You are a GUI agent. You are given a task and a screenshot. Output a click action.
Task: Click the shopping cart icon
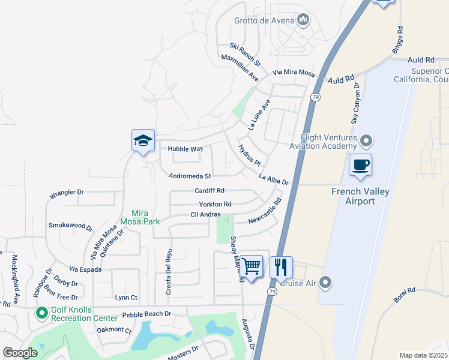point(252,266)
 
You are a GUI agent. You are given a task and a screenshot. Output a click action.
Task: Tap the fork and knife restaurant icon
point(281,266)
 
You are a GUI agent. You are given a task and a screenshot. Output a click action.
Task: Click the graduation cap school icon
point(143,141)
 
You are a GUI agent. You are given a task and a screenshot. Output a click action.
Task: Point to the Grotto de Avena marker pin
point(303,20)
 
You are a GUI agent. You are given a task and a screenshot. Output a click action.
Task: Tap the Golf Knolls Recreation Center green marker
point(41,313)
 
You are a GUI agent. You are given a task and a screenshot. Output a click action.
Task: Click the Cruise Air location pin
point(325,283)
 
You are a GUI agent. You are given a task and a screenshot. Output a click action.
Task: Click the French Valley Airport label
point(360,196)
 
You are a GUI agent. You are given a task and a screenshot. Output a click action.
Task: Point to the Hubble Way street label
point(185,149)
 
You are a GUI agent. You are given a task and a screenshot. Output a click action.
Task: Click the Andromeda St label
point(190,176)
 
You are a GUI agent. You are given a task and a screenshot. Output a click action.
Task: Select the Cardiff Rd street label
point(209,191)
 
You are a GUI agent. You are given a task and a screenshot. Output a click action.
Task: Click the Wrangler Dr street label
point(67,193)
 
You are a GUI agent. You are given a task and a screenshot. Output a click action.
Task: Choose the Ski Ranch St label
point(246,55)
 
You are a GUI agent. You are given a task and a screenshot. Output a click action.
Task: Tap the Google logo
point(20,353)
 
